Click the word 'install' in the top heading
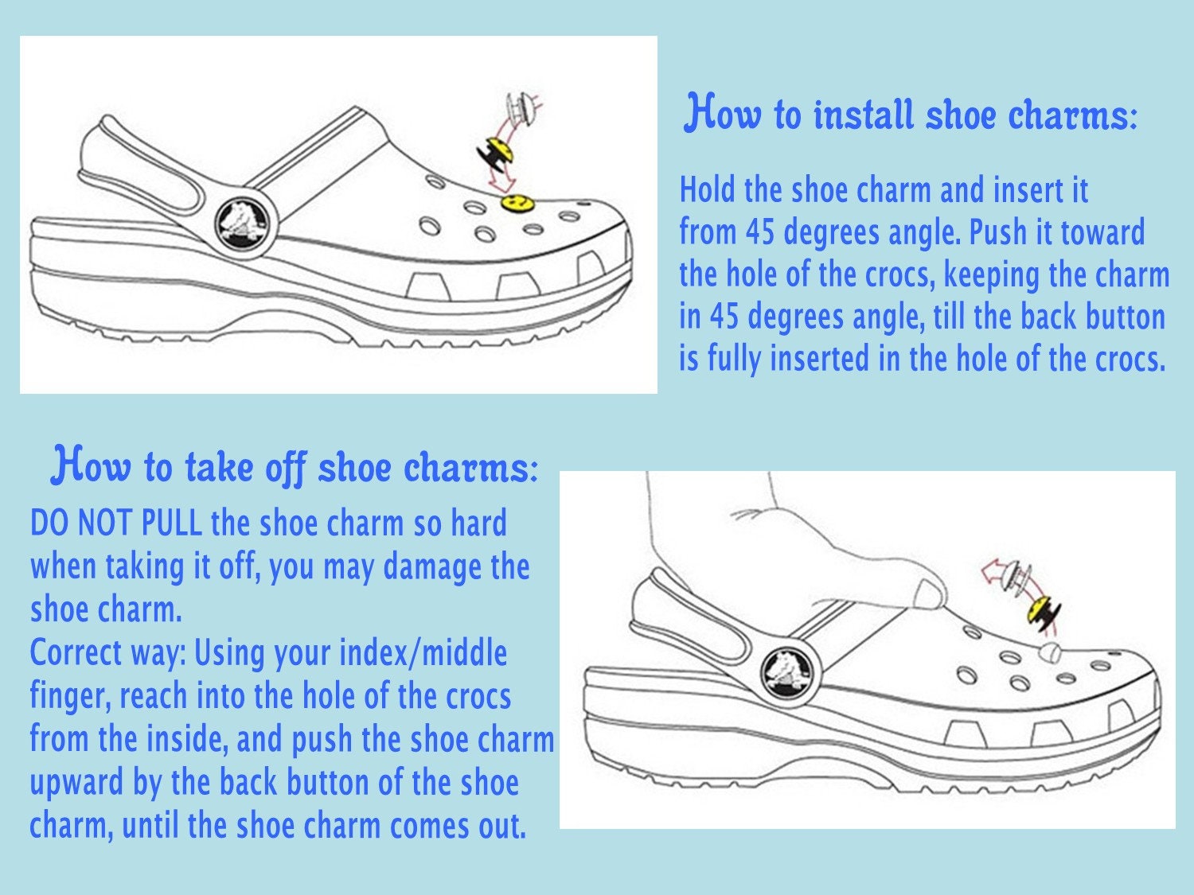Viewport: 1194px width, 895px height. point(863,115)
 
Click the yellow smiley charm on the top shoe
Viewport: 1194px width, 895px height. point(517,203)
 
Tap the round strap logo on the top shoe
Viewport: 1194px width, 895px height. point(244,221)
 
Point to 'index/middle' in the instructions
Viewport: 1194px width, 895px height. point(423,653)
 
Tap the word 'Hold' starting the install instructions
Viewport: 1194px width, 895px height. point(707,190)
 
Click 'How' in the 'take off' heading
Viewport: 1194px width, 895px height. point(89,466)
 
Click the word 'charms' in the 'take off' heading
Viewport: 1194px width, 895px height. point(464,468)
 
